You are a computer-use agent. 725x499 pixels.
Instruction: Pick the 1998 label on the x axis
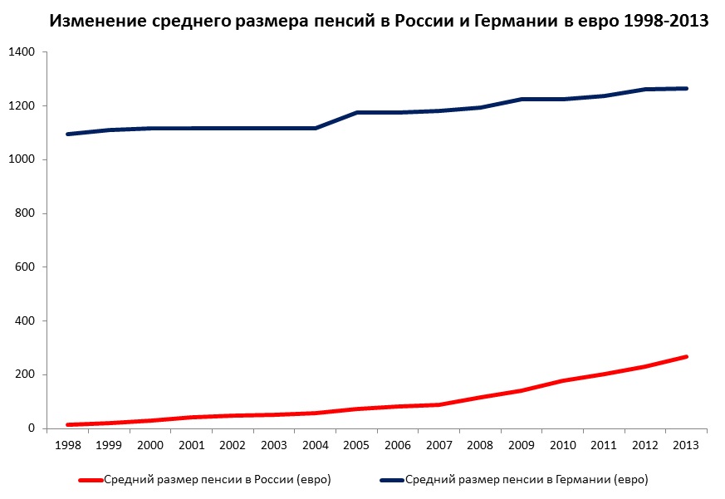click(67, 446)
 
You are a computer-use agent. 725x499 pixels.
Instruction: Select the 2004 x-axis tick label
click(316, 446)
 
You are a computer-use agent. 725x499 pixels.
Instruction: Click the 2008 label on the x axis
click(481, 446)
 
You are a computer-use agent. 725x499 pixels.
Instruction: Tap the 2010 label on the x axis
click(563, 446)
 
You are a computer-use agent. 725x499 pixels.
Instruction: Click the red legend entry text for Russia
click(218, 480)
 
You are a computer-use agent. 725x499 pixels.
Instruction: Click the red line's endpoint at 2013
click(687, 357)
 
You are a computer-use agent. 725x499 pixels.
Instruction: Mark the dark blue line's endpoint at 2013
click(687, 88)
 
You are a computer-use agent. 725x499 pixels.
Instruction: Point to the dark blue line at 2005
click(357, 112)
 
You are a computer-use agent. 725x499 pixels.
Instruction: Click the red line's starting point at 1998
click(67, 425)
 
